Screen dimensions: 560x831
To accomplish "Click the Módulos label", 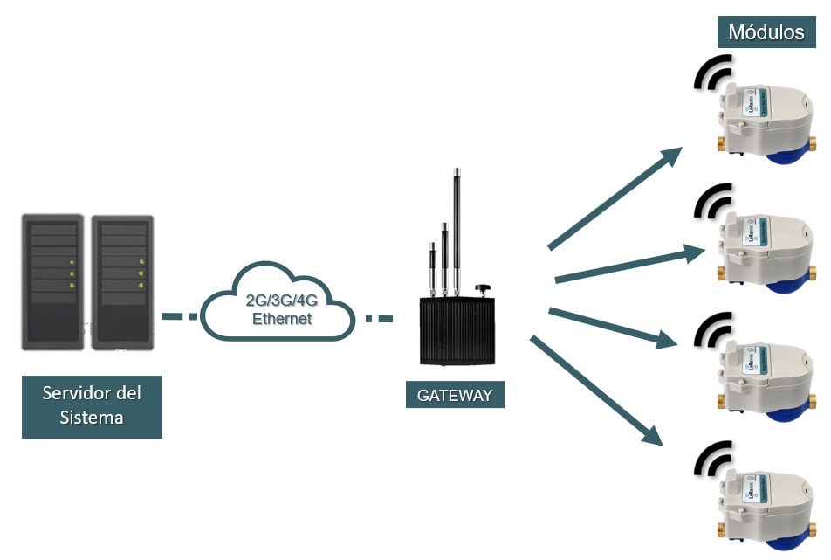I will point(766,33).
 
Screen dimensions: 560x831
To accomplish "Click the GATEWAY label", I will point(455,394).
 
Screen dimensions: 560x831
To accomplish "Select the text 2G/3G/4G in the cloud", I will point(277,301).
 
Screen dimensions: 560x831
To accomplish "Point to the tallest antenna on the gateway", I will point(455,227).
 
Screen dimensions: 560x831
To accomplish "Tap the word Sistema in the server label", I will point(92,417).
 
